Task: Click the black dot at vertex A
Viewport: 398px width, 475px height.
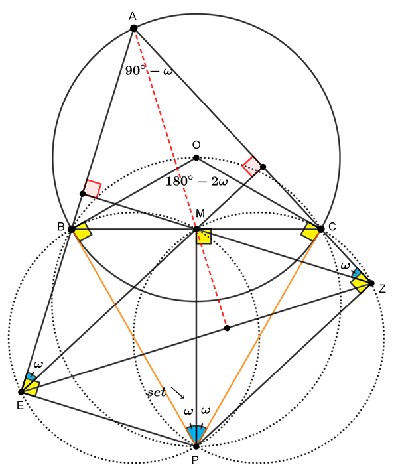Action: pos(133,28)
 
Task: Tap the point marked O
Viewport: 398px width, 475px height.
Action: pos(196,157)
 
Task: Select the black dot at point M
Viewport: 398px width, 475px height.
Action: pos(196,229)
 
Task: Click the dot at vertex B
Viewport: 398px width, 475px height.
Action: pos(72,229)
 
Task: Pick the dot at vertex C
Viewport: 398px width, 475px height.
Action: pos(321,229)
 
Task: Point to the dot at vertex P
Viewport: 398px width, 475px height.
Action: pos(196,446)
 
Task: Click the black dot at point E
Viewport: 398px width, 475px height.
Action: pos(21,392)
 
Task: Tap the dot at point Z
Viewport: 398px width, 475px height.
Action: pos(371,283)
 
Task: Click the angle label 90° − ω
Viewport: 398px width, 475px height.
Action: pos(149,71)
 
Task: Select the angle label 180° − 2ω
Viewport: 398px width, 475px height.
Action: pos(196,182)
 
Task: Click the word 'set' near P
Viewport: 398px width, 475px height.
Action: pos(157,392)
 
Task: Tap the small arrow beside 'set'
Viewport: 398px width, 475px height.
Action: pos(178,393)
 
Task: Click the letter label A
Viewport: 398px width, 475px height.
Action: pos(133,16)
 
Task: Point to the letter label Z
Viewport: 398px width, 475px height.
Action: pos(382,289)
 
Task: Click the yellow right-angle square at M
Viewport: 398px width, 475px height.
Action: pos(203,236)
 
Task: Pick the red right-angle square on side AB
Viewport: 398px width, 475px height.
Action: pos(92,188)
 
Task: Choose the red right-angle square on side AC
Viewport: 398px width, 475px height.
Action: pos(251,166)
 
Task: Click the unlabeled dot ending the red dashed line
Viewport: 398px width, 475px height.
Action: pos(227,328)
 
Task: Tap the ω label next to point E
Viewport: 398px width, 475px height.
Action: pos(38,364)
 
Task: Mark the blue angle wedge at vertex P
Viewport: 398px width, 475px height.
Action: pos(196,434)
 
